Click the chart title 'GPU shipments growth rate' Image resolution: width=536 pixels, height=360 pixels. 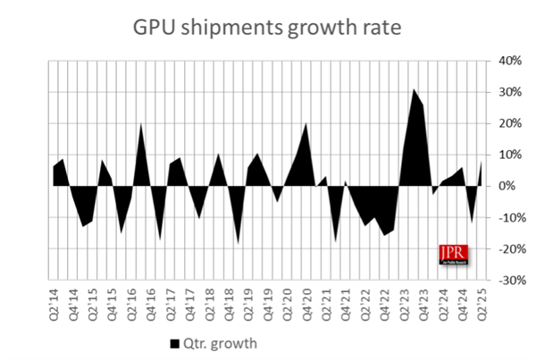[268, 27]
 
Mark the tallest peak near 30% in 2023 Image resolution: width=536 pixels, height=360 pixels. [414, 89]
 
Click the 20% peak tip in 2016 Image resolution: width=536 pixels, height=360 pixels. [140, 124]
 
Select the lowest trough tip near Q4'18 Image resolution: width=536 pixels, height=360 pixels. [238, 242]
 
